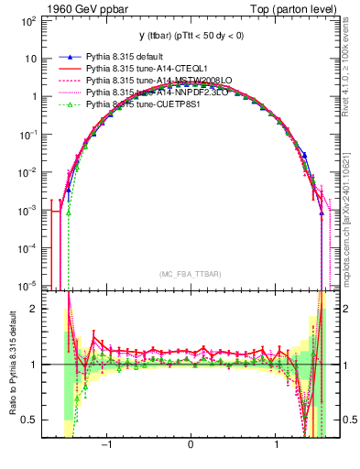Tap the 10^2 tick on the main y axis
tap(27, 19)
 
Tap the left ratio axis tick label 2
tap(33, 309)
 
